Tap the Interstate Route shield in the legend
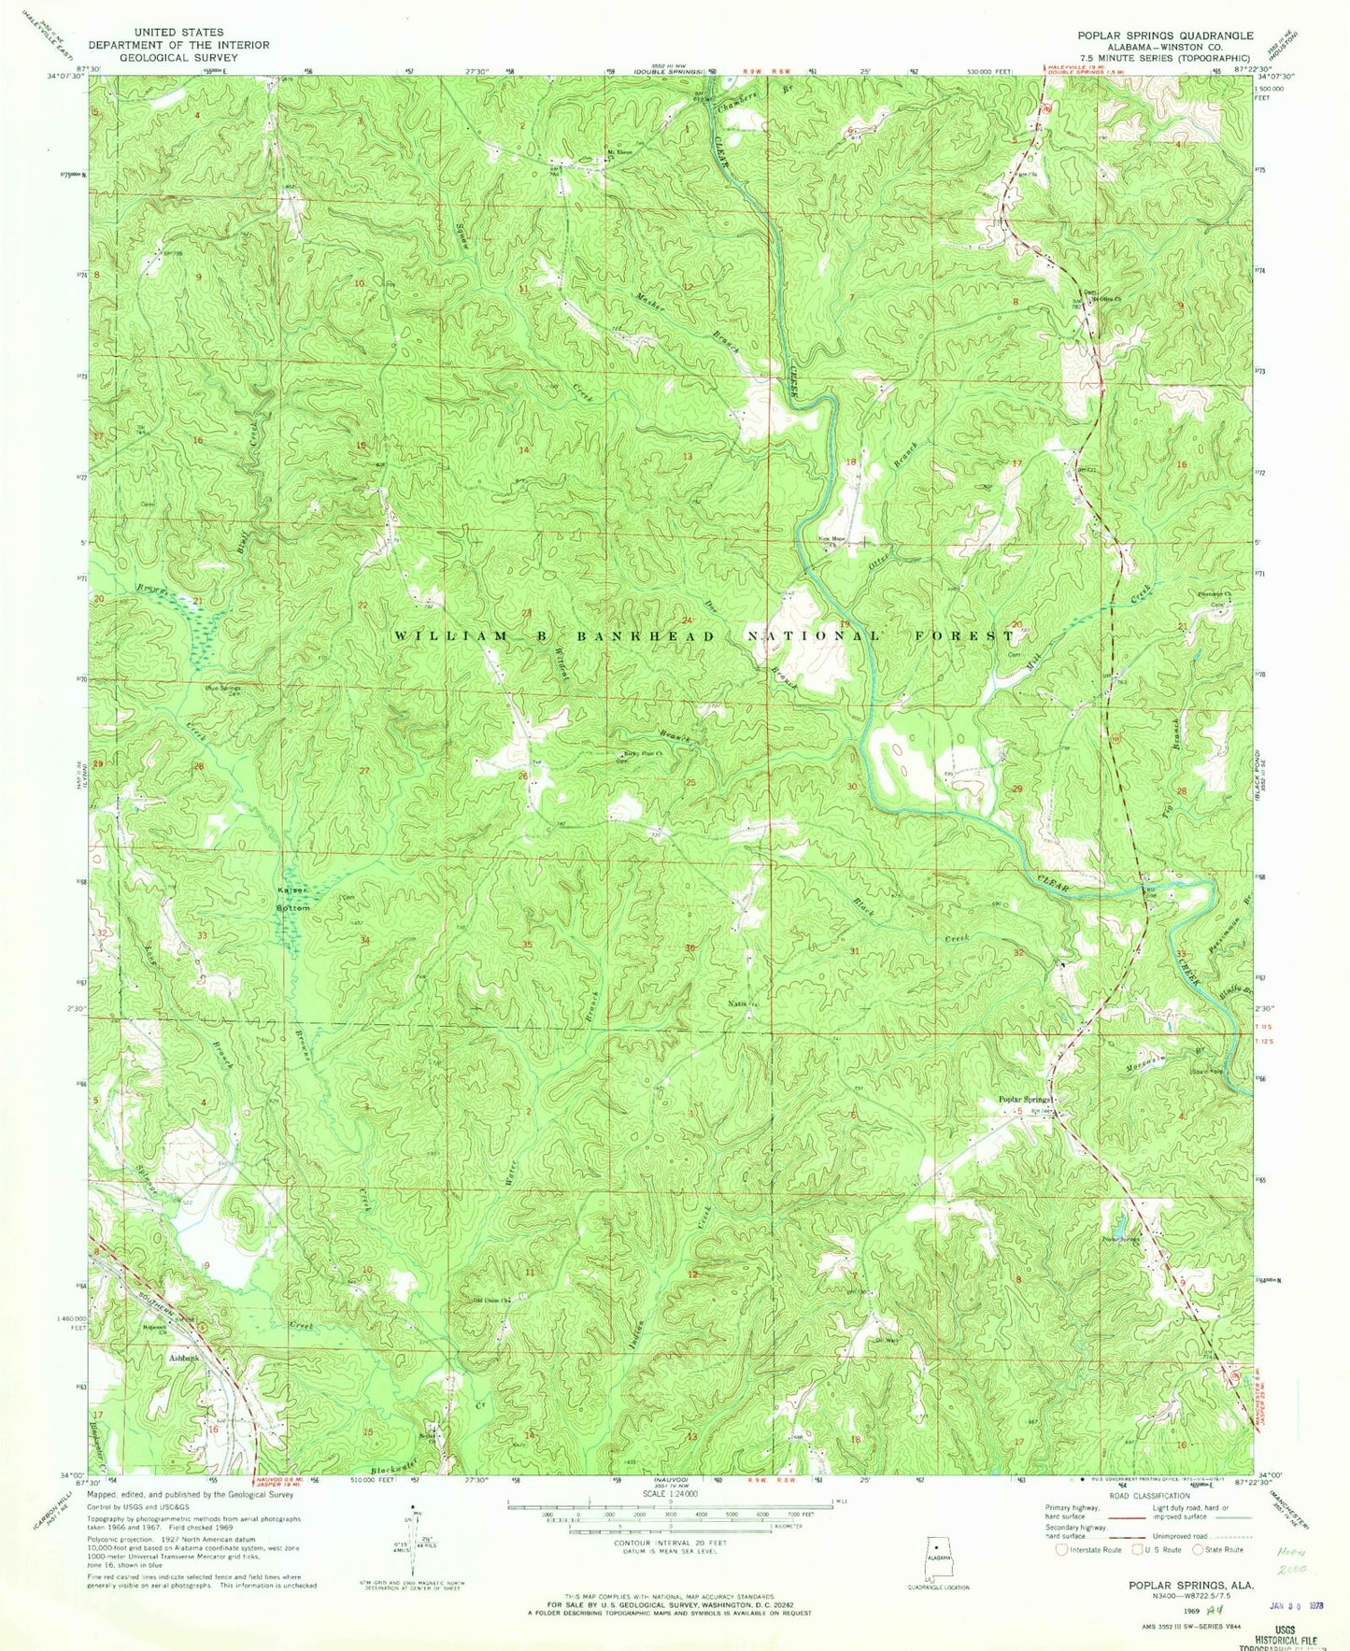coord(1061,1549)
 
